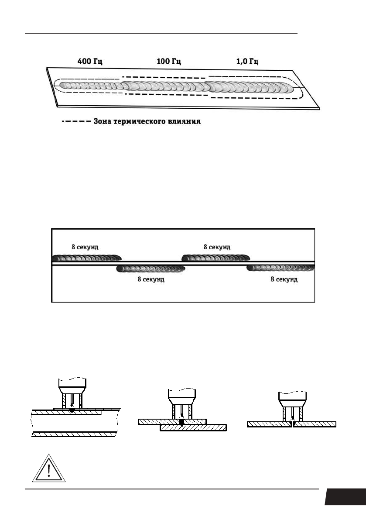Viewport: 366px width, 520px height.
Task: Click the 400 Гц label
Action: (x=90, y=62)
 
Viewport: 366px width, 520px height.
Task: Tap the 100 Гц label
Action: (x=169, y=62)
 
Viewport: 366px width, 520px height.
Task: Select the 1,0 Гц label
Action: (x=247, y=62)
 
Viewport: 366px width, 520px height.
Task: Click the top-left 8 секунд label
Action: (x=85, y=247)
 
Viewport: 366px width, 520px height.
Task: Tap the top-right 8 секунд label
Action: (x=217, y=247)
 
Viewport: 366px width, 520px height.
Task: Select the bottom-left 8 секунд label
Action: (x=151, y=279)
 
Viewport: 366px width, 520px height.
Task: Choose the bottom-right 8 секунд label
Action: (x=284, y=279)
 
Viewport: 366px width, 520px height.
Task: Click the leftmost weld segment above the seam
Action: (x=86, y=258)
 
